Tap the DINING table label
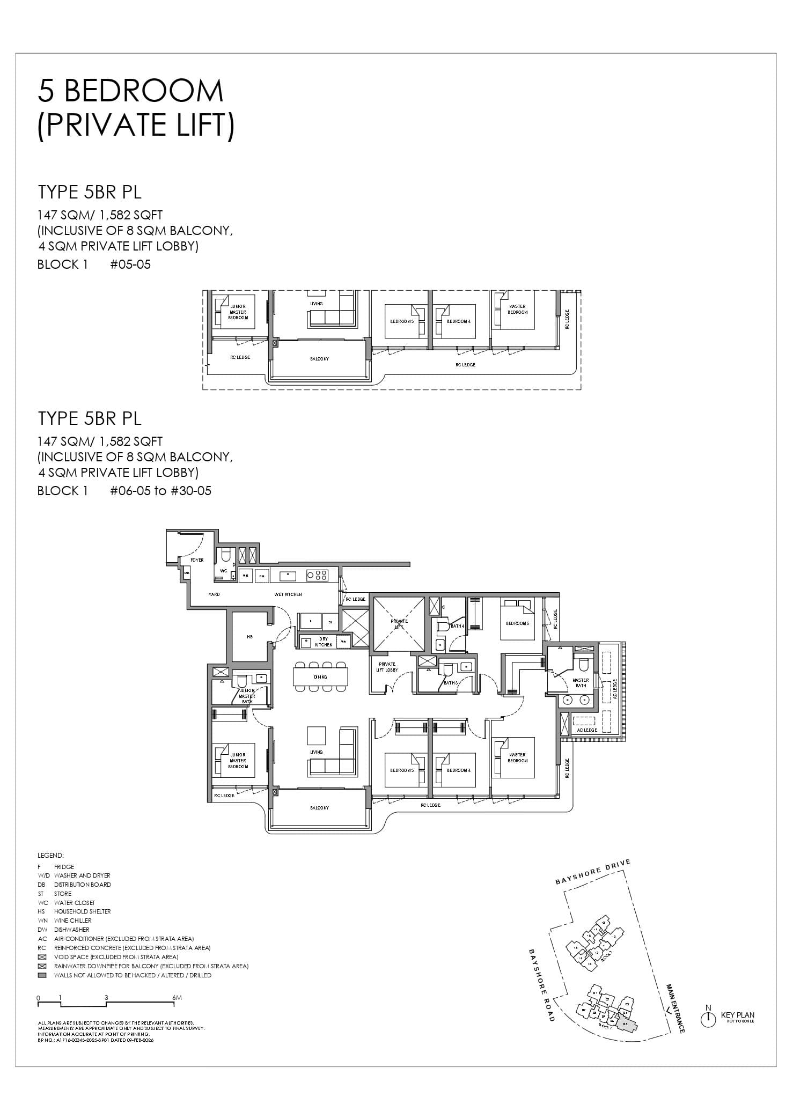[x=320, y=677]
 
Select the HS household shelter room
[x=249, y=637]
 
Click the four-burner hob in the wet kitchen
[x=317, y=576]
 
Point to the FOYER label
[x=197, y=560]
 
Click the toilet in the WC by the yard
[x=225, y=554]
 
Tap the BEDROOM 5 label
[x=517, y=623]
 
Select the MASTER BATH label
[x=581, y=683]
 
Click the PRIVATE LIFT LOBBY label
[x=386, y=667]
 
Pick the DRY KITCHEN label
[x=324, y=642]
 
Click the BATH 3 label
[x=450, y=683]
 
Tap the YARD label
[x=214, y=594]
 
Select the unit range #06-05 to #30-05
[x=160, y=491]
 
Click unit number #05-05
[x=130, y=264]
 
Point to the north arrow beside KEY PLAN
[x=708, y=1018]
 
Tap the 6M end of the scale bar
[x=178, y=998]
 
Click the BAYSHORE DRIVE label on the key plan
[x=592, y=872]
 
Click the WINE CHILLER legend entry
[x=72, y=921]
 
